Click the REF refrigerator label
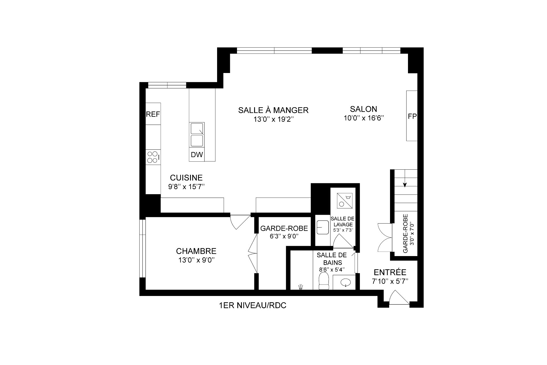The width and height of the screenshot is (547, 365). click(153, 114)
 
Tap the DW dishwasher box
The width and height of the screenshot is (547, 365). click(197, 155)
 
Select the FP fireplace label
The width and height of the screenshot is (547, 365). click(412, 116)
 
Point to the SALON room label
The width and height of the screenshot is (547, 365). click(364, 109)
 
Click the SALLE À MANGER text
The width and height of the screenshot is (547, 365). click(273, 110)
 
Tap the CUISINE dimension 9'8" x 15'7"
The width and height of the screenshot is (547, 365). click(187, 187)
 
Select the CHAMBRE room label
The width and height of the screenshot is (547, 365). click(196, 251)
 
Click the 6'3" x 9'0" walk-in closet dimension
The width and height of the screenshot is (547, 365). click(284, 237)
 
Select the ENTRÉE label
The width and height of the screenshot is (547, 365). click(390, 272)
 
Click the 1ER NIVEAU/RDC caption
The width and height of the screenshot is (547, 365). click(252, 306)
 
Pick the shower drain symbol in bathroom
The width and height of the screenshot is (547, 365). click(300, 287)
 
